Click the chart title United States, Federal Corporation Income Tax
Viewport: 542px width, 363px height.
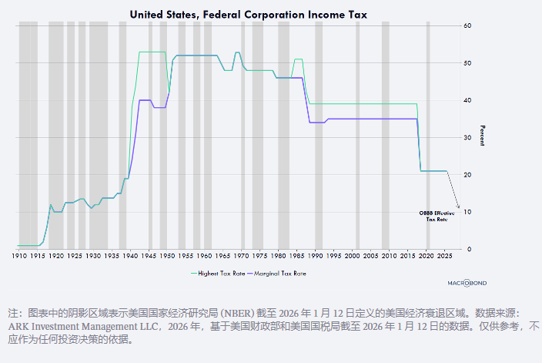click(248, 14)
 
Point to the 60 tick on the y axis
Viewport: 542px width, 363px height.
click(467, 25)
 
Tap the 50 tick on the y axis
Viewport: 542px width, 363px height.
click(467, 62)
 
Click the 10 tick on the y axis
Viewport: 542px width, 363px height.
click(467, 212)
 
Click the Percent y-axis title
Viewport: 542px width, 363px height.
click(483, 136)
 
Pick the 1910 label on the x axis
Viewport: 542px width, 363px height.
click(18, 255)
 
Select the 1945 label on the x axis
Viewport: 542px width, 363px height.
click(149, 255)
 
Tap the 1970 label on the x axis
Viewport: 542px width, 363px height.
click(241, 255)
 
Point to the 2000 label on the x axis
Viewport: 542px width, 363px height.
click(353, 255)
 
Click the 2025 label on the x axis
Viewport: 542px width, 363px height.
click(446, 255)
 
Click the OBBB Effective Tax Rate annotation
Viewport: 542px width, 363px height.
click(436, 216)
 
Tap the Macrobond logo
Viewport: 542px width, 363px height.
click(467, 283)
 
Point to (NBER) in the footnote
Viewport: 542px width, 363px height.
click(219, 314)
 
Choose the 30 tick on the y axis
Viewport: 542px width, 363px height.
click(467, 137)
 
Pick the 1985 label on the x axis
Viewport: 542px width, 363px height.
click(297, 255)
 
